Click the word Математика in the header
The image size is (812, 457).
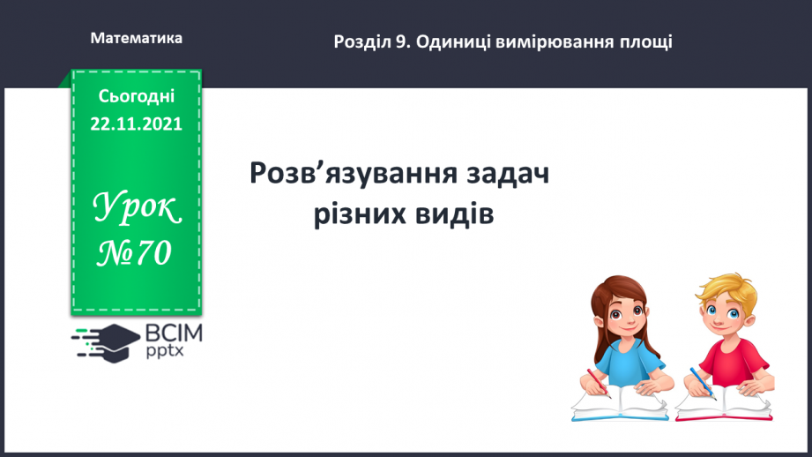click(x=137, y=39)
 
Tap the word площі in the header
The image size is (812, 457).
click(x=646, y=41)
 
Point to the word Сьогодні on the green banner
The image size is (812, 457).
click(x=136, y=96)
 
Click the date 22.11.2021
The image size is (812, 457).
click(x=136, y=124)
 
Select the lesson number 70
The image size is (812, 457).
click(x=152, y=254)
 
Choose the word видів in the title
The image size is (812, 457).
click(x=457, y=214)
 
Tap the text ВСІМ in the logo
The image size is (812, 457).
click(x=173, y=333)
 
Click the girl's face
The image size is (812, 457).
click(x=622, y=314)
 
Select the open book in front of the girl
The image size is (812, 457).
click(x=617, y=401)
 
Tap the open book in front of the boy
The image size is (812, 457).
click(x=723, y=401)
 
